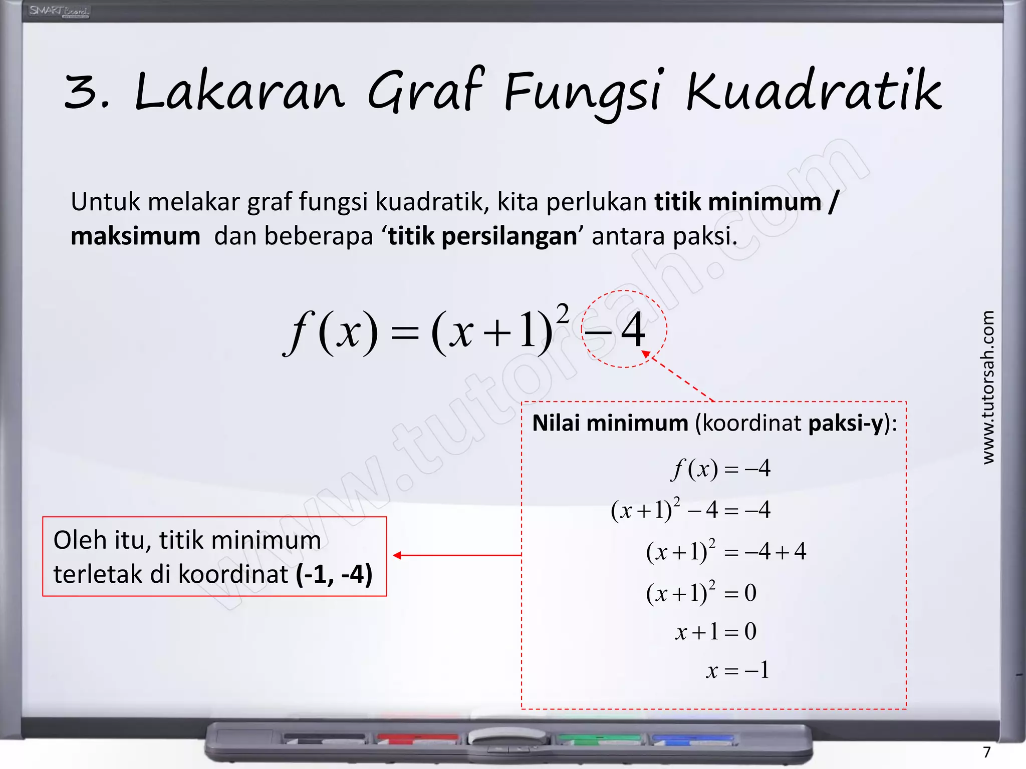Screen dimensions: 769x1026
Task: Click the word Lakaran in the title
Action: coord(239,93)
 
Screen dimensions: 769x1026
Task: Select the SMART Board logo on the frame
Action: coord(59,11)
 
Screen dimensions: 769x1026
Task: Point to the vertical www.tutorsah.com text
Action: coord(987,388)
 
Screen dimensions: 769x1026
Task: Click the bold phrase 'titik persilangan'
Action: coord(482,236)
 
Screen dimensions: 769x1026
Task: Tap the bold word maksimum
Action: coord(135,236)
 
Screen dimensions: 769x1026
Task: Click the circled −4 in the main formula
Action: coord(624,329)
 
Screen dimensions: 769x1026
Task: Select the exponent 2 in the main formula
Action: coord(563,314)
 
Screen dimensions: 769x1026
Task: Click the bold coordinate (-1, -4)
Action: coord(334,574)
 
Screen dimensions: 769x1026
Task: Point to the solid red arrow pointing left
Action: coord(456,555)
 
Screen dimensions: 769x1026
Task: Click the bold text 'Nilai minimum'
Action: coord(610,423)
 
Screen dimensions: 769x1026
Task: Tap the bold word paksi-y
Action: coord(845,423)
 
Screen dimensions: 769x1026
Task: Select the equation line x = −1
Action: coord(737,670)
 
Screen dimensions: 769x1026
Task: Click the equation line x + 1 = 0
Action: coord(715,631)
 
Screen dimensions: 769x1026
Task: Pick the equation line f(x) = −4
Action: coord(720,469)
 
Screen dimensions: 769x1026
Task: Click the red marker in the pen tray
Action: coord(417,738)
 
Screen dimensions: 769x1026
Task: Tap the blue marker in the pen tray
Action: coord(692,738)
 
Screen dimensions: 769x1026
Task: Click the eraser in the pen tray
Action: coord(507,736)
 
